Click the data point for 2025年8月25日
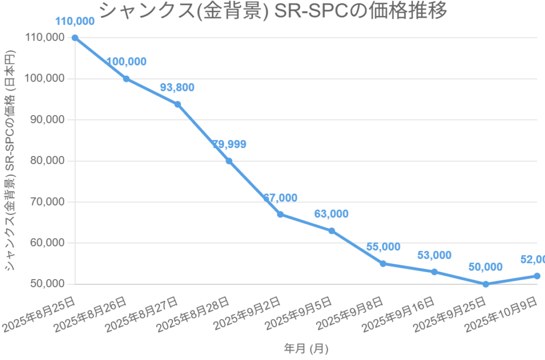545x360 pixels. tap(75, 38)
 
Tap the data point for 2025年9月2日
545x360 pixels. tap(280, 214)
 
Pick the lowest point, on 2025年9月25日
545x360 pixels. tap(485, 284)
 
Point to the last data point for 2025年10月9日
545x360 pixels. tap(537, 276)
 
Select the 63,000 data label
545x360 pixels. tap(331, 214)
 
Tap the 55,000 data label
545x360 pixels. tap(383, 247)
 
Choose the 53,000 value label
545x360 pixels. tap(434, 255)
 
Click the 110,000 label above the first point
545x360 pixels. tap(75, 21)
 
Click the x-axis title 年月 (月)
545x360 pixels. tap(306, 349)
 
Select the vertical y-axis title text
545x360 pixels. tap(11, 160)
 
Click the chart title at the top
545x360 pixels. tap(273, 11)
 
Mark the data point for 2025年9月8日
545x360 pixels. tap(383, 264)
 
